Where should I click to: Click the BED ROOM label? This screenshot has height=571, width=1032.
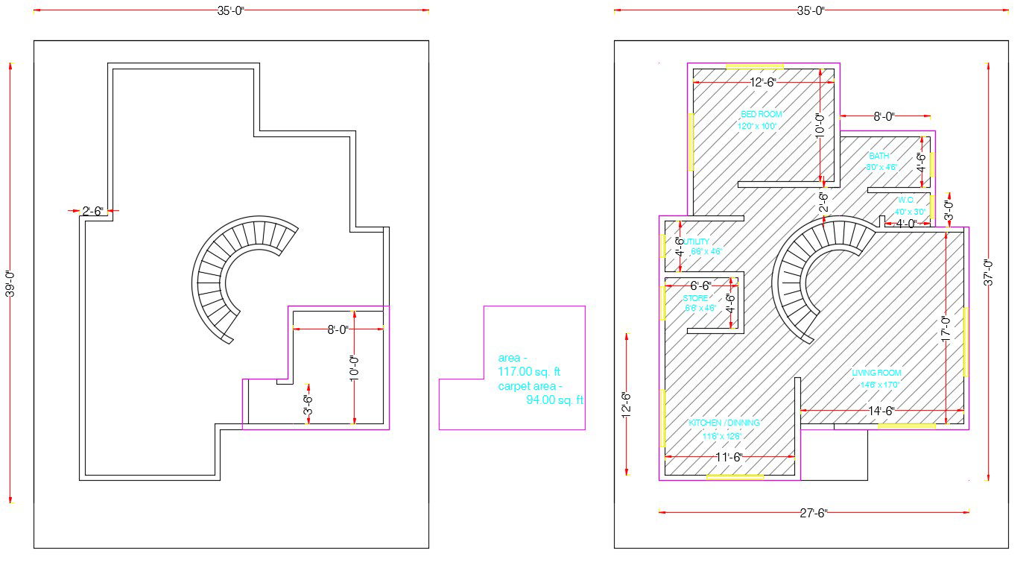(761, 115)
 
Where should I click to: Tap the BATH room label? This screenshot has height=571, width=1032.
(879, 157)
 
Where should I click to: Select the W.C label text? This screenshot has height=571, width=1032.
(905, 201)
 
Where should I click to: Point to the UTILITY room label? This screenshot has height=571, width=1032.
(697, 242)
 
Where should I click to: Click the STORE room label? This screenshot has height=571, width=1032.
(695, 298)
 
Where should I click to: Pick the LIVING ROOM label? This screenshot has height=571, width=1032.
(876, 373)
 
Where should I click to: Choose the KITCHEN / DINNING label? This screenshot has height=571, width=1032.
(724, 423)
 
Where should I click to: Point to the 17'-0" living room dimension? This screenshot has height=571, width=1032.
(946, 329)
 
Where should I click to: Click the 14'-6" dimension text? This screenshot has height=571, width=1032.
(881, 411)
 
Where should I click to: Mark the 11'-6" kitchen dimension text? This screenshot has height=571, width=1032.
(728, 457)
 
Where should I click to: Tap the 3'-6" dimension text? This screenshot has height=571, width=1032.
(308, 404)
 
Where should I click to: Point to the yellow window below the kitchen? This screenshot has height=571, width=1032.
(735, 476)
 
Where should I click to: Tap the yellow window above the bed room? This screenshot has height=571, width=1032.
(754, 66)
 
